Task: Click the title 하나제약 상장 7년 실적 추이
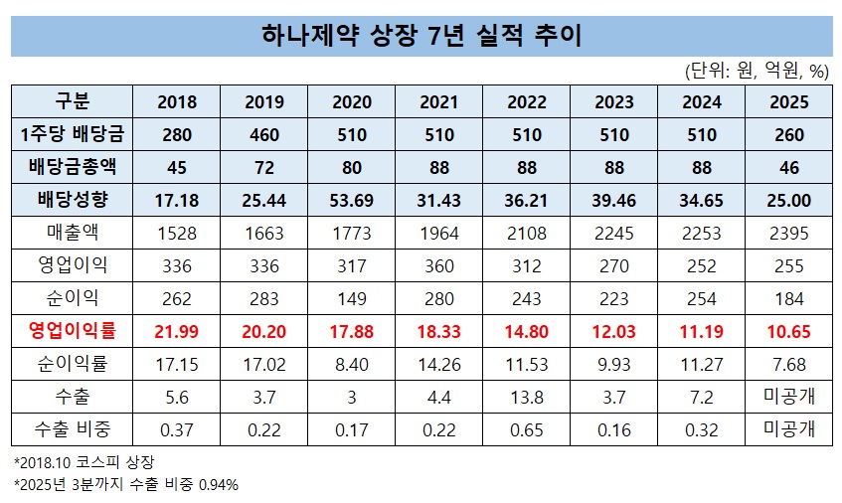click(x=421, y=36)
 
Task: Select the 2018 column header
click(x=177, y=102)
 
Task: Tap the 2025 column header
click(x=787, y=102)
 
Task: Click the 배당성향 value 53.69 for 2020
click(x=351, y=200)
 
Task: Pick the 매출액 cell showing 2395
click(x=787, y=233)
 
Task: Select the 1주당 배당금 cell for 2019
click(x=263, y=134)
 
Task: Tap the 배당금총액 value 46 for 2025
click(x=787, y=167)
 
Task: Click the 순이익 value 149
click(x=351, y=297)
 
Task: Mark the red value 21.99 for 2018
click(x=177, y=330)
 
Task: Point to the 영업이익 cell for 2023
click(x=613, y=264)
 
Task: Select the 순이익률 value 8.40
click(x=351, y=363)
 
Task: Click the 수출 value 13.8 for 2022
click(x=526, y=396)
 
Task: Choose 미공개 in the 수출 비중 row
click(x=787, y=428)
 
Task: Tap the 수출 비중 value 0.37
click(x=177, y=428)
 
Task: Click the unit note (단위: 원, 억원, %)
click(x=757, y=71)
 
